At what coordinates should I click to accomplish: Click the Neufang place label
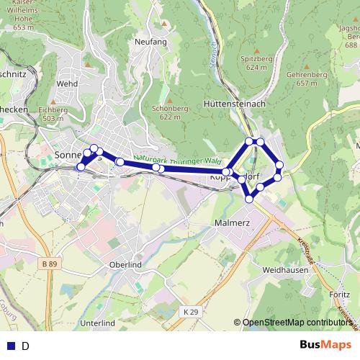150,42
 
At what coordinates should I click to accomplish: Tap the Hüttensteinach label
235,104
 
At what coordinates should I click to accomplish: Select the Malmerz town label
232,223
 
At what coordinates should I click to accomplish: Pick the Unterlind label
99,323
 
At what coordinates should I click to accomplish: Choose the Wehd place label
67,84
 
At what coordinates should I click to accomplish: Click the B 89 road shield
50,265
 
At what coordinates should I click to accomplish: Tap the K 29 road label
189,311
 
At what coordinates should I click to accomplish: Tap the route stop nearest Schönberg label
157,168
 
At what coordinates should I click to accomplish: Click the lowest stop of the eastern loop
249,198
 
